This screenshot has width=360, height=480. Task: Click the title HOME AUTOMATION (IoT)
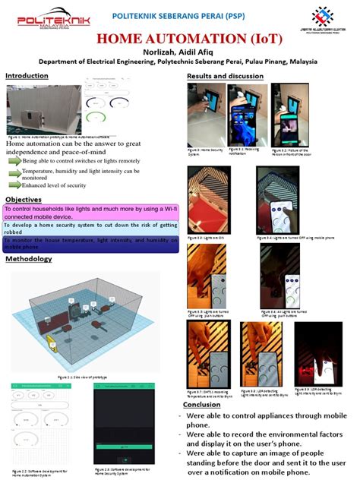[x=179, y=38]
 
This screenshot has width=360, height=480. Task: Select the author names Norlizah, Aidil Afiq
[x=179, y=51]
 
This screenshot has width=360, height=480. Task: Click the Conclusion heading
[x=202, y=405]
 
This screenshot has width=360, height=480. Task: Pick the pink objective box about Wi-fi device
[x=91, y=212]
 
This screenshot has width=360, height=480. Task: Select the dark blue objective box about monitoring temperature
[x=91, y=243]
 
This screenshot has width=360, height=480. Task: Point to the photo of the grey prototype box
[x=43, y=111]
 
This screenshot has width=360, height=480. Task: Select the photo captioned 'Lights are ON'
[x=210, y=199]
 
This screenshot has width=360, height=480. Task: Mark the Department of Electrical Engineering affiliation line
[x=179, y=62]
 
